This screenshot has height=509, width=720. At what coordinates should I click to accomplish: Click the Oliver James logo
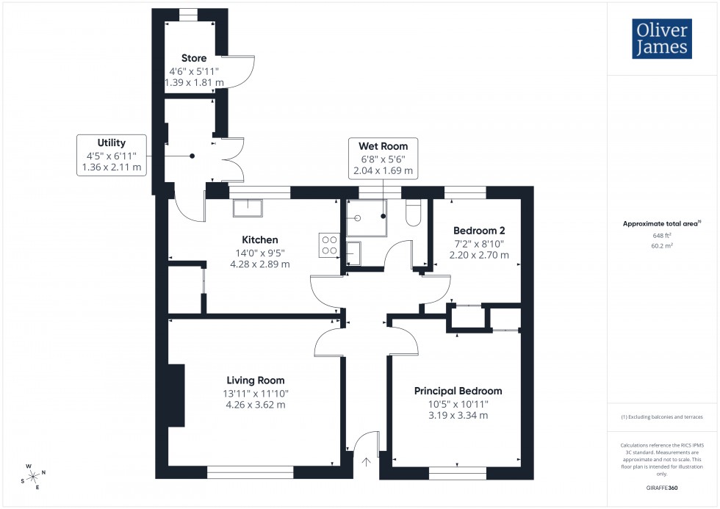661,39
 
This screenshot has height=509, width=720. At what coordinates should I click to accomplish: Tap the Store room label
194,58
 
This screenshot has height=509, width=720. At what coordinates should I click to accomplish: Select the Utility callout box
112,155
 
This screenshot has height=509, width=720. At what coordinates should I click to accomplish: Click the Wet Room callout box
383,158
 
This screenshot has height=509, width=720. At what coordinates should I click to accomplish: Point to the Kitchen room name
260,239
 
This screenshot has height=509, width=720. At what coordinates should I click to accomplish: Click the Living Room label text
255,380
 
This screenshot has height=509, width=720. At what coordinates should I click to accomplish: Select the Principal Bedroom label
458,391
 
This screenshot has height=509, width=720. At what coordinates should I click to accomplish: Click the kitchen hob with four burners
329,244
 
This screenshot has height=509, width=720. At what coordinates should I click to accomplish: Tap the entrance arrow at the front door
367,463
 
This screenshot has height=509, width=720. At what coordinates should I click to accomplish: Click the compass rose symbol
34,475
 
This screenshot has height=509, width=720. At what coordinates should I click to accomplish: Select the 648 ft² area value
662,235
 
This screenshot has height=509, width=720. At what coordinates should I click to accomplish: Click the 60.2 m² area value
662,246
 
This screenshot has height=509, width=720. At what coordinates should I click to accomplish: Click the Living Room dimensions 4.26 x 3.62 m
255,404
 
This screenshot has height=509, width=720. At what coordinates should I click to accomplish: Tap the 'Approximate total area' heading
661,223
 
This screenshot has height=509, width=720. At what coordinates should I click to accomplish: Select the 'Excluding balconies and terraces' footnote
662,416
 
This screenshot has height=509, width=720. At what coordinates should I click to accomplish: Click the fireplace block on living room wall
176,394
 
